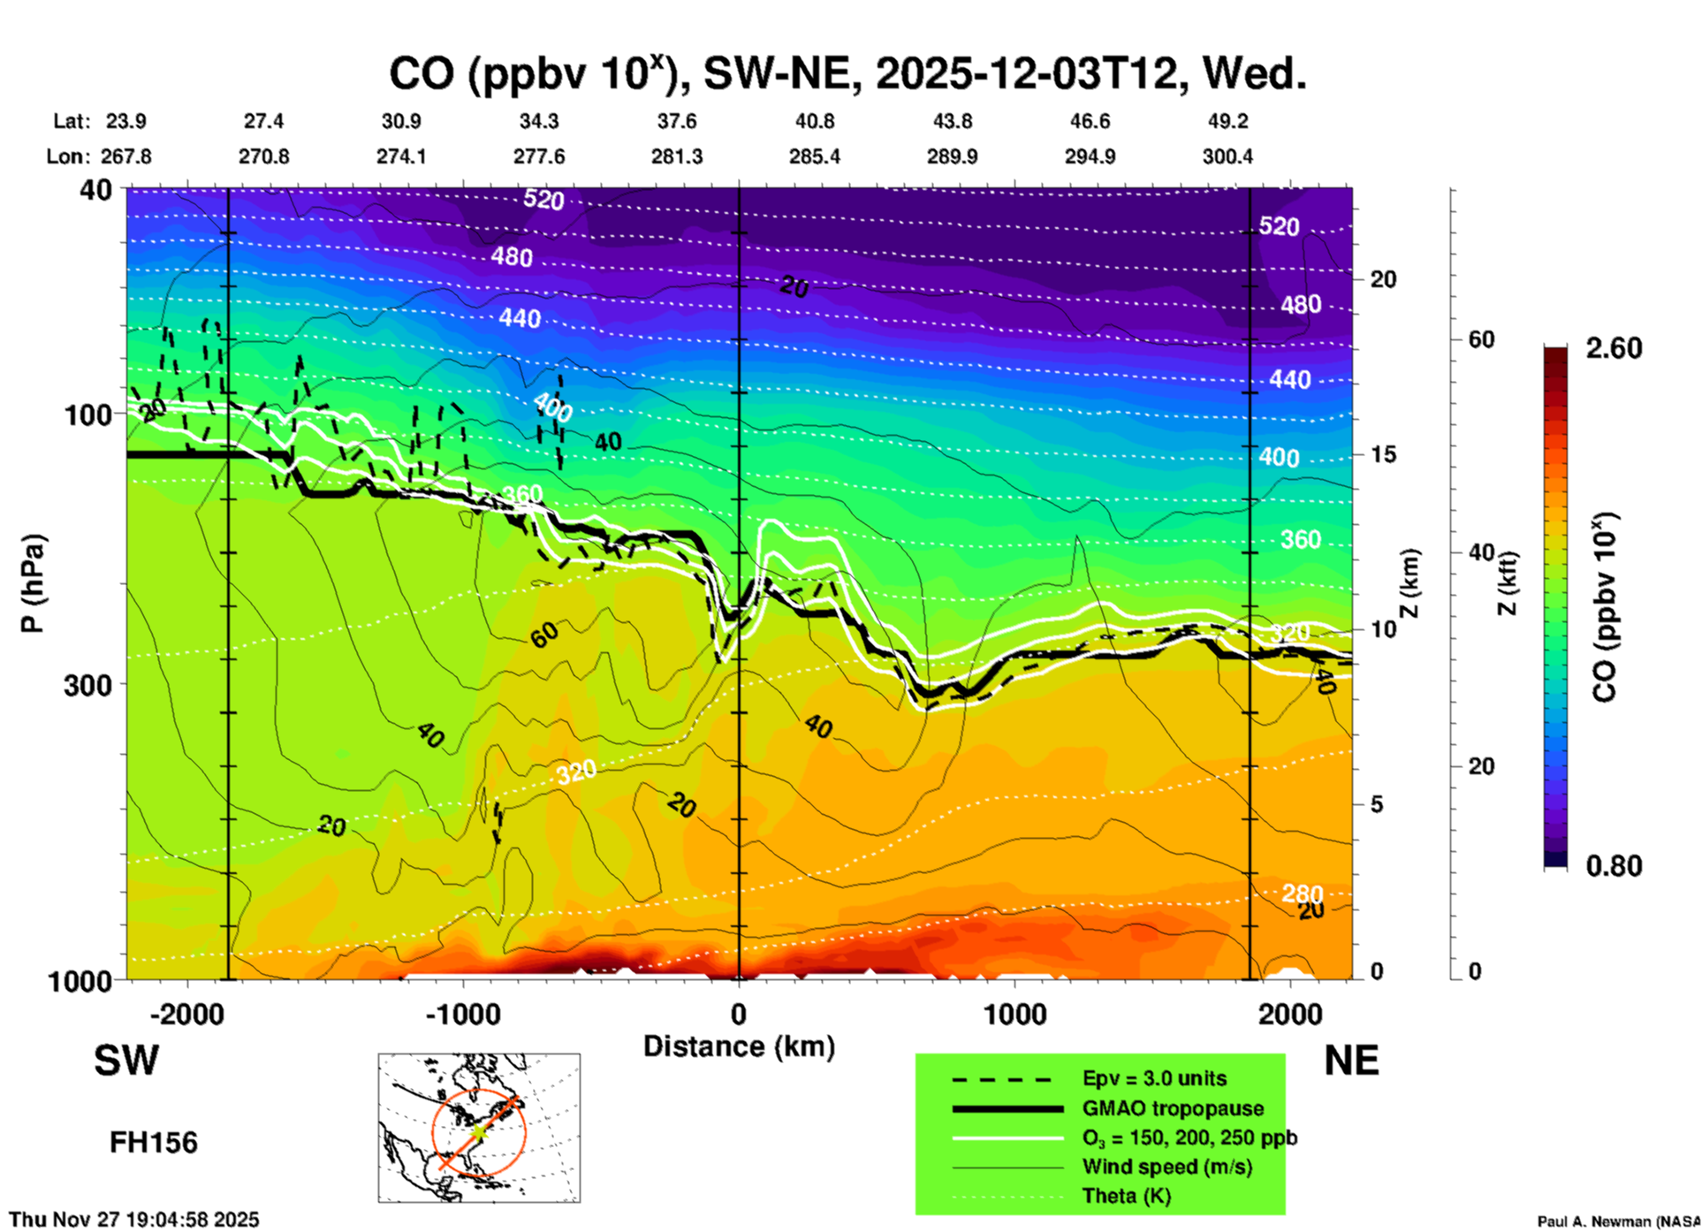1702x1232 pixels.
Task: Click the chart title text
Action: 847,74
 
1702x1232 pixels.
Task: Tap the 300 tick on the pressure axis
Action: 87,685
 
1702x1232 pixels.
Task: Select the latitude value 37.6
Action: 677,121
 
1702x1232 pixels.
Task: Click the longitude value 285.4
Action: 814,156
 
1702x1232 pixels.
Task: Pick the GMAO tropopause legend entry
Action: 1173,1108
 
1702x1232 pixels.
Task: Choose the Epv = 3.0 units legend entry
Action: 1154,1078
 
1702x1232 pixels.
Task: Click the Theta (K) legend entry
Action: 1126,1196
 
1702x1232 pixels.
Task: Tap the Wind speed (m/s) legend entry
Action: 1166,1167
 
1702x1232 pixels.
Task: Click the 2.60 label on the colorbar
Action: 1614,348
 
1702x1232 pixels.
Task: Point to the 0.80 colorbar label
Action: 1614,866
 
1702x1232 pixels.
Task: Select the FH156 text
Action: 154,1143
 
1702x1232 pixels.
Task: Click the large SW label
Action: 126,1061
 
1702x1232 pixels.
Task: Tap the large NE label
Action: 1351,1061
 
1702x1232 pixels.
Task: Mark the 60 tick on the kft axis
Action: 1481,339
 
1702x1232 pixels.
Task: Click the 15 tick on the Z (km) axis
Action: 1383,454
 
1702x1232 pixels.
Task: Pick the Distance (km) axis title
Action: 739,1046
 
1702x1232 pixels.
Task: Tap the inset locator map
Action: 479,1127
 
